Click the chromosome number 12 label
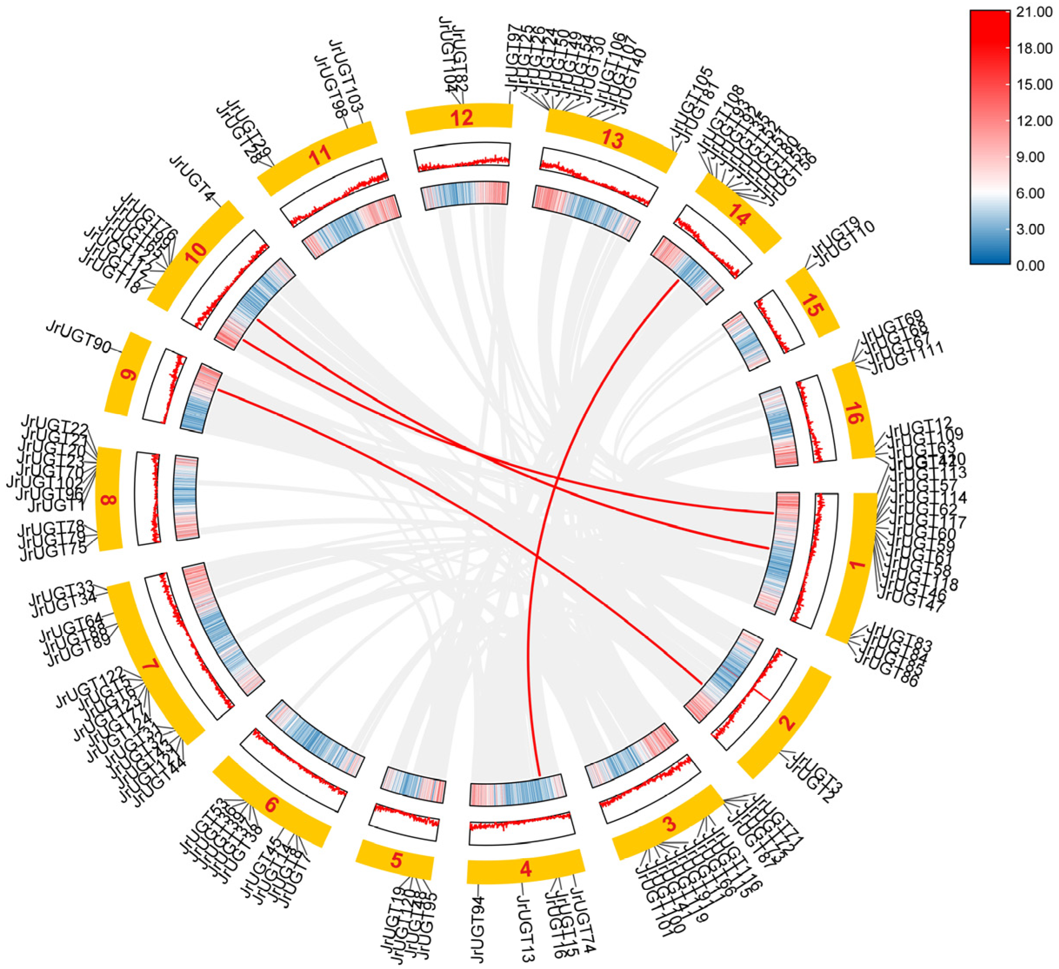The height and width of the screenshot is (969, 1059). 461,118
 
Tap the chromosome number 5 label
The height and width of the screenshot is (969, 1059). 396,860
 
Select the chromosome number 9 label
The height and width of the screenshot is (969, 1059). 128,375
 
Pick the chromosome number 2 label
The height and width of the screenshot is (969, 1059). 787,723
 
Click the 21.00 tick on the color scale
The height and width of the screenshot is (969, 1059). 1034,13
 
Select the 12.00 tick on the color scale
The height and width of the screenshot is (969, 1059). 1034,121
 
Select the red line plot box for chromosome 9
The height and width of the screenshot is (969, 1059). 164,386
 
